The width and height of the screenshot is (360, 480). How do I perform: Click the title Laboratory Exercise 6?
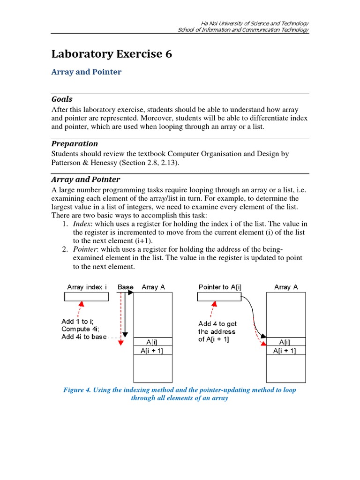(112, 54)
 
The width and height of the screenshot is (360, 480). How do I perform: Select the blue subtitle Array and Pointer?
(86, 72)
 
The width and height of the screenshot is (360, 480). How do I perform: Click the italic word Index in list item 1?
(81, 224)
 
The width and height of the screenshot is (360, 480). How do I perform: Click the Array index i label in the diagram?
(87, 287)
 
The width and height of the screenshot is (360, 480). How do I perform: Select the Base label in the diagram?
(125, 287)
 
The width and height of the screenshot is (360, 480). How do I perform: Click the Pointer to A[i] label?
(220, 287)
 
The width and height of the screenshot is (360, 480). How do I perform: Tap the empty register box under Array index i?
(86, 297)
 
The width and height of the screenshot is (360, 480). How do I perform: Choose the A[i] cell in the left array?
(153, 342)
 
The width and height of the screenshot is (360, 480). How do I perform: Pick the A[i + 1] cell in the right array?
(286, 351)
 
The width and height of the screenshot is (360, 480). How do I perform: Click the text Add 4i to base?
(84, 337)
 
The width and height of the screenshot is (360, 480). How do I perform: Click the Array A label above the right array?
(286, 287)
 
